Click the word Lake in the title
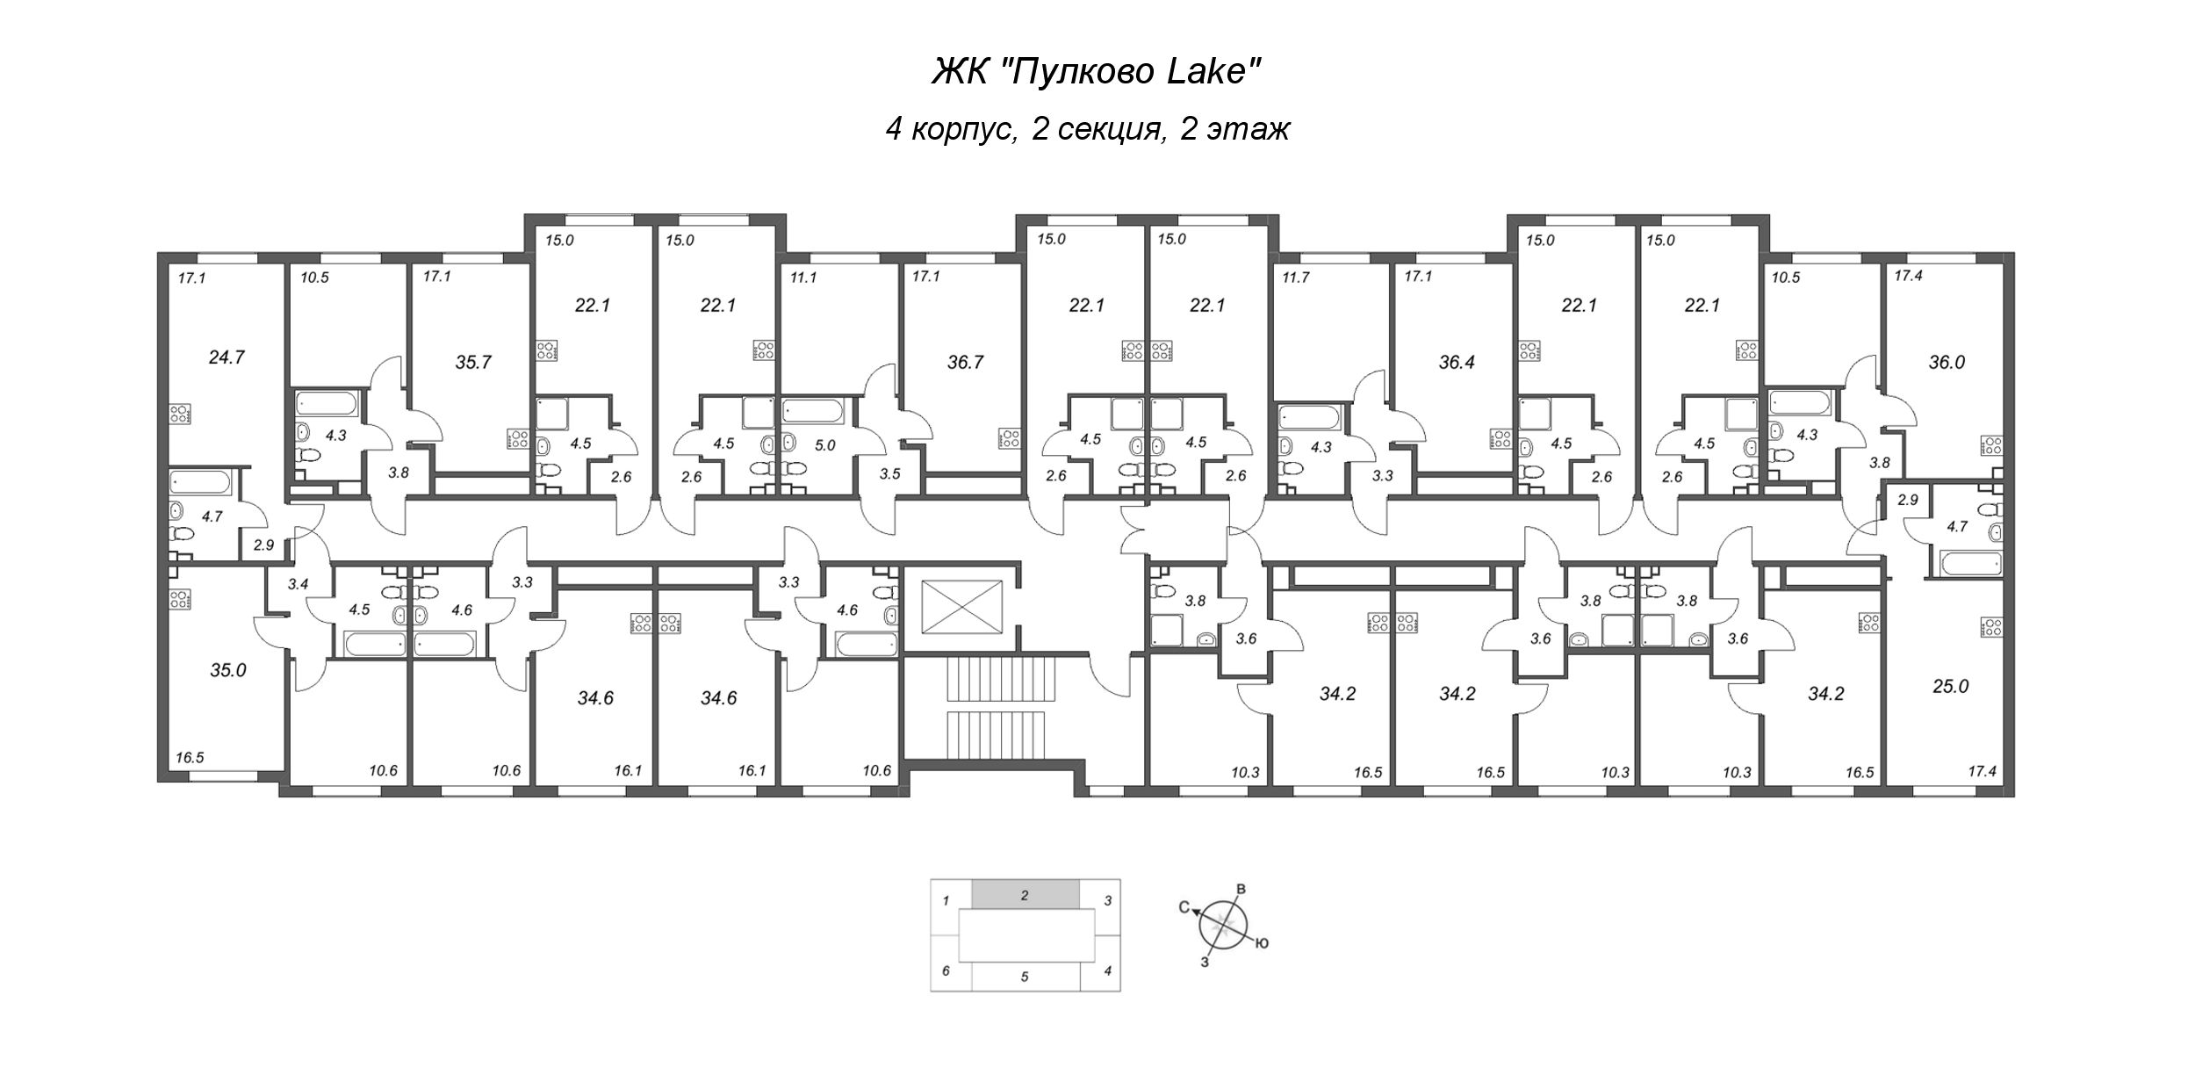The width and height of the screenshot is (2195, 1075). (x=1213, y=72)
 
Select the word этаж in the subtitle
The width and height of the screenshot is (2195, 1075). (x=1248, y=130)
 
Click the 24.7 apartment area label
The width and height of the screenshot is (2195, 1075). (x=227, y=357)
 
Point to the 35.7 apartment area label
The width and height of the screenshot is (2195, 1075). (x=473, y=362)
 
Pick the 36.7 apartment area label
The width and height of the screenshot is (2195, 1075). (x=965, y=362)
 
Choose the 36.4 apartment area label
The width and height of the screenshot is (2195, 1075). (x=1457, y=362)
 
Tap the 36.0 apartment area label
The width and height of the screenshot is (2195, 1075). (x=1947, y=362)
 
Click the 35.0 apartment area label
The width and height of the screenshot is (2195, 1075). (x=227, y=670)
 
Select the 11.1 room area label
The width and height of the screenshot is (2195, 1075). (x=803, y=277)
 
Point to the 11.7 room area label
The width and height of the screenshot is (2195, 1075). (x=1295, y=277)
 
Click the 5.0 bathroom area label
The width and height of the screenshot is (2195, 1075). (x=824, y=445)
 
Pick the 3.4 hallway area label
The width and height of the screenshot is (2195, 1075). (x=298, y=582)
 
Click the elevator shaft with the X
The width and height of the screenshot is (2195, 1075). (x=963, y=605)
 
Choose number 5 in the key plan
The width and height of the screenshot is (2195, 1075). (x=1025, y=976)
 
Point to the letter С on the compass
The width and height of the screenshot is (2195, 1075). (x=1184, y=908)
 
